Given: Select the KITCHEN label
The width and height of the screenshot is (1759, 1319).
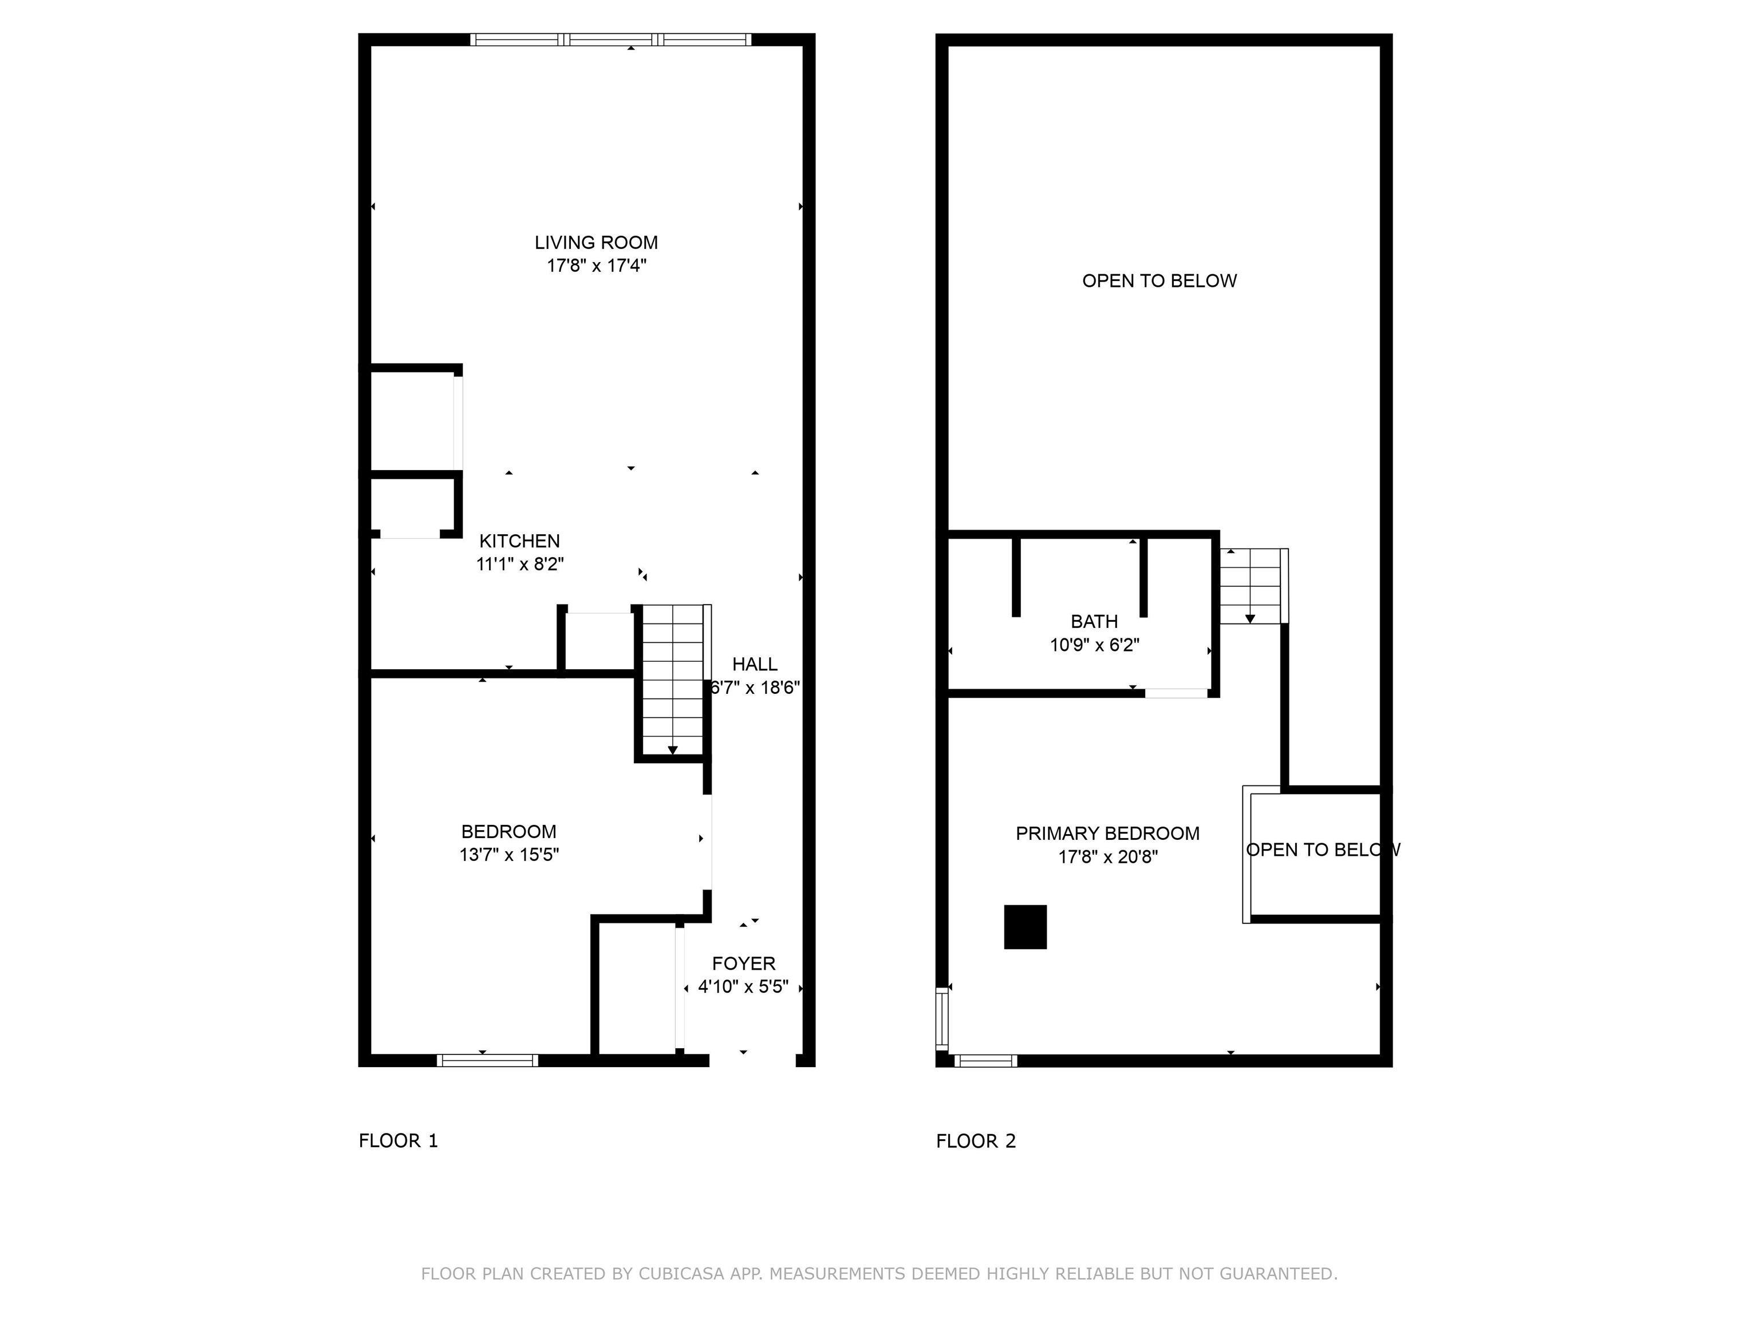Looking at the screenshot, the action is tap(519, 540).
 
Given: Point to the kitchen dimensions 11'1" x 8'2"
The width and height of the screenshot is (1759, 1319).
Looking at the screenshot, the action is tap(520, 564).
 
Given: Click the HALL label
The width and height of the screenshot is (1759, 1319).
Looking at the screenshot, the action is tap(755, 664).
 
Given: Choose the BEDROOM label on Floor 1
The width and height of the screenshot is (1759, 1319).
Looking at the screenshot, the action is tap(509, 832).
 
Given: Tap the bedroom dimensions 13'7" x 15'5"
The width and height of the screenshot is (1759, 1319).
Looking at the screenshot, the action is tap(509, 855).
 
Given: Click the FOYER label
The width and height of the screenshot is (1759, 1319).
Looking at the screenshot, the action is tap(744, 963).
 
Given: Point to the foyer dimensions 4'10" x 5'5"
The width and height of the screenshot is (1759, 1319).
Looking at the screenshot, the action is tap(744, 986).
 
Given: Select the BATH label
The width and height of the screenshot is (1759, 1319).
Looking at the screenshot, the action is tap(1094, 622).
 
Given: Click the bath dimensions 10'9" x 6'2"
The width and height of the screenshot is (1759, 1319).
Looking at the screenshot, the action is tap(1094, 645).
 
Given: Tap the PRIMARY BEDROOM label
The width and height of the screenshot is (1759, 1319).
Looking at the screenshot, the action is tap(1108, 833).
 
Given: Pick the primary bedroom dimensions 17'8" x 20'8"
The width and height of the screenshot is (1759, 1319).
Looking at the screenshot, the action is tap(1108, 857).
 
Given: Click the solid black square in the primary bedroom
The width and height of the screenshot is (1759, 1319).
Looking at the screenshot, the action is tap(1025, 927).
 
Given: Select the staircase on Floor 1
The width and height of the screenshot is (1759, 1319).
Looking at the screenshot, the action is tap(673, 680).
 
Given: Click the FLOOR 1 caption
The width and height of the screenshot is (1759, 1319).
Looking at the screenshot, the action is tap(399, 1141).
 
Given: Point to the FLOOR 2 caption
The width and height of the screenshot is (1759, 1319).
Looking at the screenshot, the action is tap(976, 1141).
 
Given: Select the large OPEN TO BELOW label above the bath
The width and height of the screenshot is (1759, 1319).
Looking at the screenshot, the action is tap(1159, 281).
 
